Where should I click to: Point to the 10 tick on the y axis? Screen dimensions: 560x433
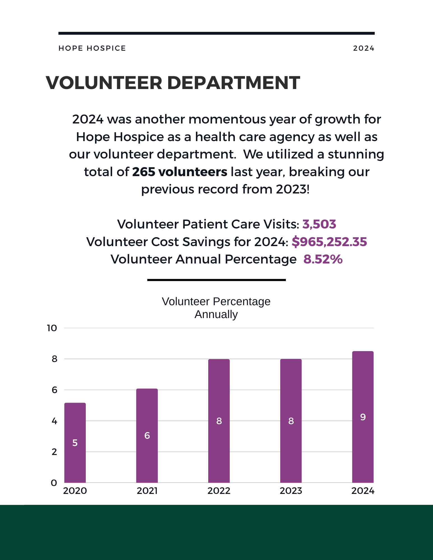(52, 328)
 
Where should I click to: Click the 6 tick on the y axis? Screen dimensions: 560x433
(54, 390)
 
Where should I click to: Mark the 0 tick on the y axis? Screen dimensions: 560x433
(54, 483)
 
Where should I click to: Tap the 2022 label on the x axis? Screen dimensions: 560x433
(219, 491)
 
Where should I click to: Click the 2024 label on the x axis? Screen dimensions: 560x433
(363, 491)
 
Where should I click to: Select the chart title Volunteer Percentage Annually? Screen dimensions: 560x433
(216, 308)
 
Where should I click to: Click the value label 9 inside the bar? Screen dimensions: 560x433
(363, 417)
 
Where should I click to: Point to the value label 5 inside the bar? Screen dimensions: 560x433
(75, 443)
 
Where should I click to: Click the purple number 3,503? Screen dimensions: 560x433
(319, 224)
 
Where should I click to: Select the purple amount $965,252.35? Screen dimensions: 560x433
(329, 242)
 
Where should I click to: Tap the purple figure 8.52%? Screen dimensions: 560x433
(323, 259)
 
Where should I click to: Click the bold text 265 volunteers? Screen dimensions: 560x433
(180, 172)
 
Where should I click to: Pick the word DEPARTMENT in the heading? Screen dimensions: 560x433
(234, 83)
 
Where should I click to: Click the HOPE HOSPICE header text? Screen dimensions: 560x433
(92, 48)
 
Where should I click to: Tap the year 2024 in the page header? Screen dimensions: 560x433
(363, 48)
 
